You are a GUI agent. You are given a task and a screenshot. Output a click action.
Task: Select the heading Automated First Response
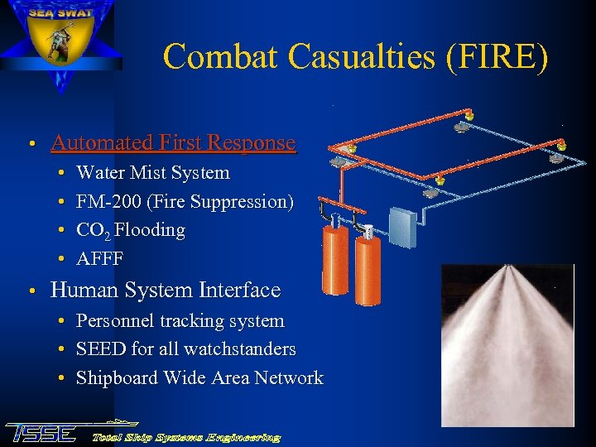pos(173,142)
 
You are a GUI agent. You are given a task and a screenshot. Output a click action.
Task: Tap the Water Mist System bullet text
pos(153,173)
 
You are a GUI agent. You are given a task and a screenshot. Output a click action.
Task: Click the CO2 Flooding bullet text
pos(131,230)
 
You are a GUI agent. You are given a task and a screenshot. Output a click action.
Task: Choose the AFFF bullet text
pos(99,258)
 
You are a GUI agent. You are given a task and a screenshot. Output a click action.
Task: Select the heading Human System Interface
pos(166,291)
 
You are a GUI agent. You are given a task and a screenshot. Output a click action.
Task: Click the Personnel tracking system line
pos(180,321)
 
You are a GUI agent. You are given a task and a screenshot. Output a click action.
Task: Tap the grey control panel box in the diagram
pos(401,224)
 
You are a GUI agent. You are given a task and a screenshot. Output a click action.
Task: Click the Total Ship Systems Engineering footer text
pos(186,436)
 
